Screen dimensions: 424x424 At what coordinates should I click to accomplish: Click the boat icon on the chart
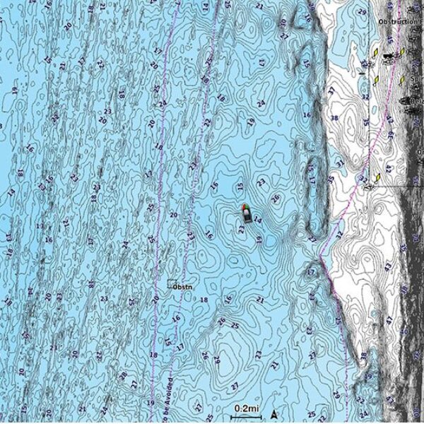click(245, 213)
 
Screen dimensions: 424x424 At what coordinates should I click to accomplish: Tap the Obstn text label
click(183, 287)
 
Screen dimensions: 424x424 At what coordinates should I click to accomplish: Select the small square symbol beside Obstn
click(171, 284)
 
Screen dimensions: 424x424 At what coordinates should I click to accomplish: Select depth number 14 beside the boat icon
click(258, 220)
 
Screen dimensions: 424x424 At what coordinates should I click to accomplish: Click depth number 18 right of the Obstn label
click(204, 300)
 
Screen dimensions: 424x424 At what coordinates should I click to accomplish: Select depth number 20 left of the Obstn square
click(155, 299)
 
